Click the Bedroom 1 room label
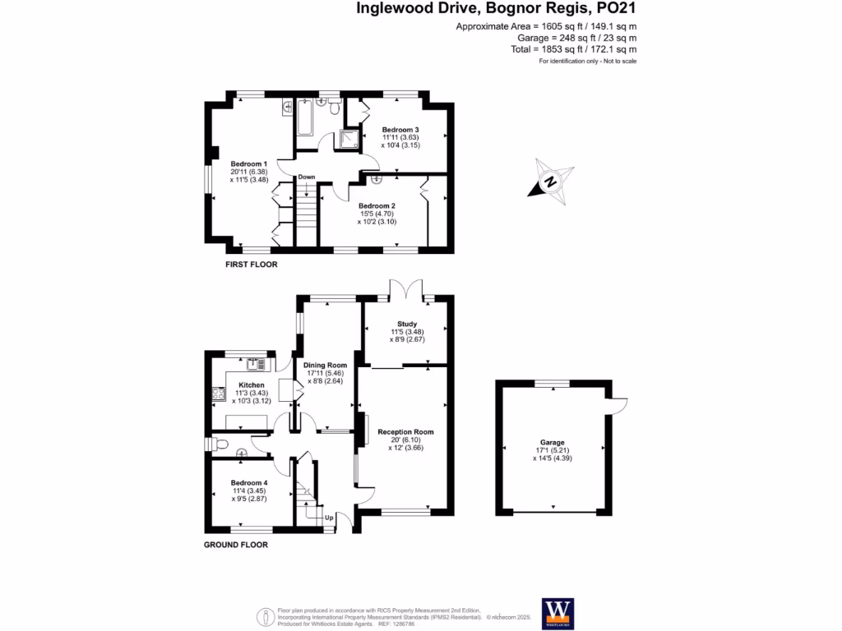click(x=243, y=164)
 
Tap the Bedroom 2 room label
click(x=377, y=206)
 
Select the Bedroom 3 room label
click(x=400, y=130)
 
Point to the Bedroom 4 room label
click(x=248, y=482)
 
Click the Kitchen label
click(x=252, y=385)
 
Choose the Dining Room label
click(x=325, y=365)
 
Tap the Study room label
click(x=407, y=324)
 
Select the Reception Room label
click(x=405, y=431)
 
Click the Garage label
click(x=553, y=442)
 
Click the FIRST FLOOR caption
click(x=252, y=265)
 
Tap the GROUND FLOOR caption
click(x=235, y=544)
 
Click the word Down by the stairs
click(x=307, y=177)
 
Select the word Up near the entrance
click(x=329, y=518)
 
